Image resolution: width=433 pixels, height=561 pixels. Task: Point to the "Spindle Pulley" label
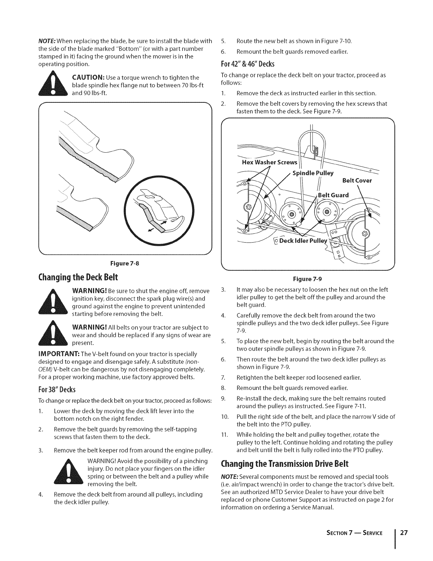(x=313, y=173)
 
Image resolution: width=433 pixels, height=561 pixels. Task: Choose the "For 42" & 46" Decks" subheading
(x=248, y=64)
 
